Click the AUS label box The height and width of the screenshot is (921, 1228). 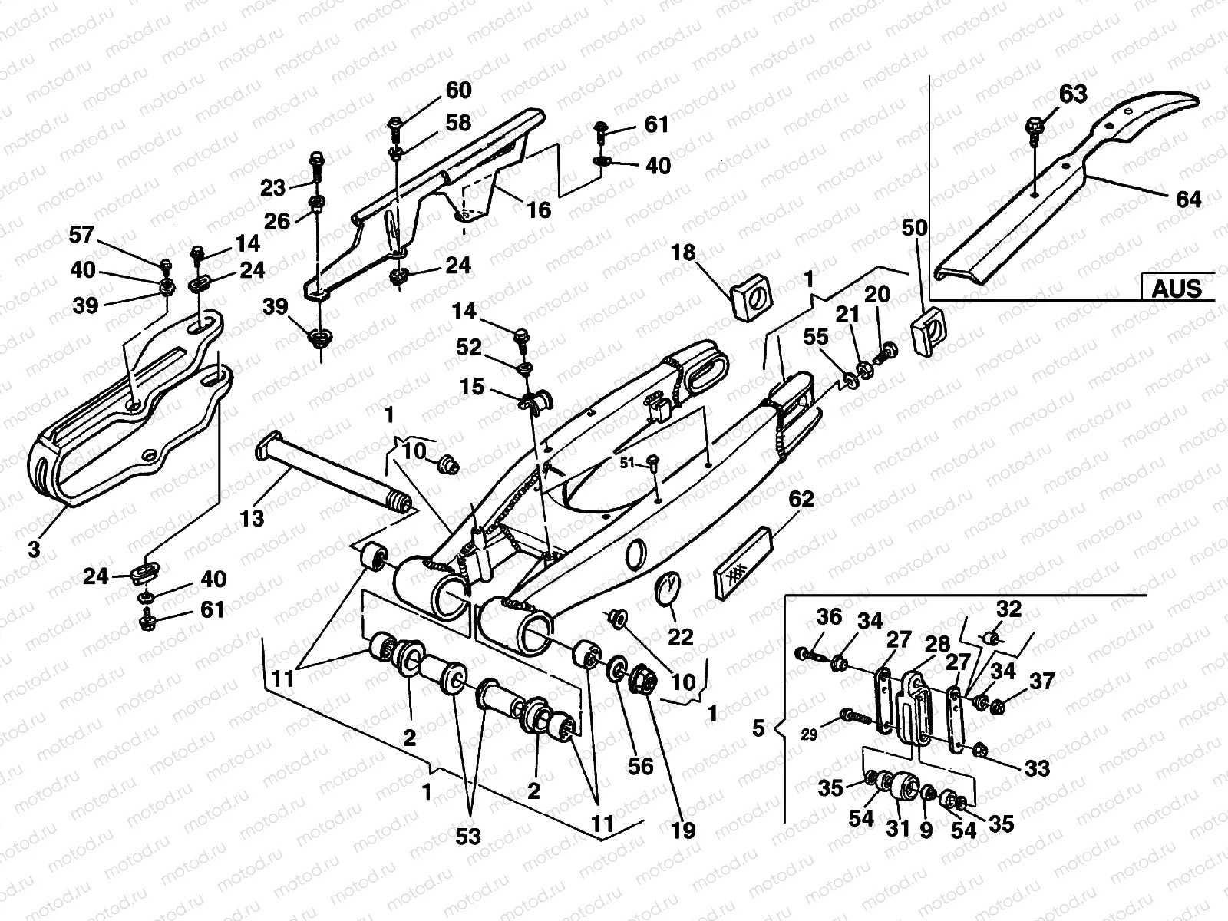click(1177, 288)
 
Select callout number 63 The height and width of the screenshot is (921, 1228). click(1073, 94)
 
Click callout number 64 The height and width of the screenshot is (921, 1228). click(1188, 199)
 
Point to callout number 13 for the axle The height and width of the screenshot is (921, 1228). click(252, 519)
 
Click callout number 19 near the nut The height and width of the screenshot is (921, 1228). click(682, 830)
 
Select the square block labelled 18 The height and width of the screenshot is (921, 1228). click(750, 299)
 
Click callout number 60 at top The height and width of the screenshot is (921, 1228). click(458, 90)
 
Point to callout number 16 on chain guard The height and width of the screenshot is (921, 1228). click(540, 210)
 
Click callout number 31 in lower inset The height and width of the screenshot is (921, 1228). click(898, 829)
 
